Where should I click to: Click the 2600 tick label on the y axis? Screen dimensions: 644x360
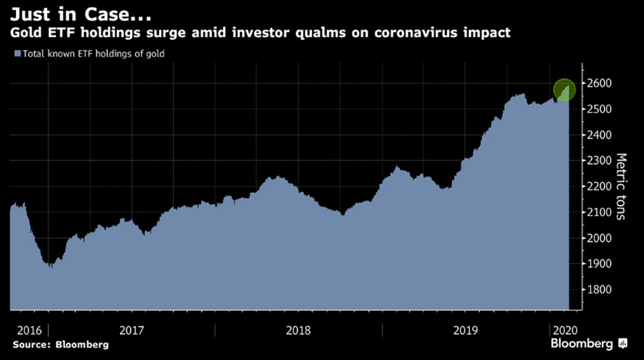point(599,83)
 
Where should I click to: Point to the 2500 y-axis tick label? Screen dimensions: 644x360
point(599,109)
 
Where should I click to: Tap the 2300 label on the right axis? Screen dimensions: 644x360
point(599,160)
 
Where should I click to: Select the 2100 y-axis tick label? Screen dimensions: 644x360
point(599,213)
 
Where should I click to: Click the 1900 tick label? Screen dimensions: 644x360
point(599,264)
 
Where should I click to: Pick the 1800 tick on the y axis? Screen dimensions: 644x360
point(599,290)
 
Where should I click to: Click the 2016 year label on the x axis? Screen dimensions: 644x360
point(29,330)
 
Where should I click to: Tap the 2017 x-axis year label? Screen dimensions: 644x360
point(131,330)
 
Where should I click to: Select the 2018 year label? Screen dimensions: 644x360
point(298,330)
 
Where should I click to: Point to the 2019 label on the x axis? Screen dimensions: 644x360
point(466,330)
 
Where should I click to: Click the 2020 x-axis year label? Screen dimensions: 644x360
point(565,330)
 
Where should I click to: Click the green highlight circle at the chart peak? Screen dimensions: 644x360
point(564,90)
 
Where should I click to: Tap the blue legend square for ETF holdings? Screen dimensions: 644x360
point(17,53)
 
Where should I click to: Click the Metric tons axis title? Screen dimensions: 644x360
point(621,186)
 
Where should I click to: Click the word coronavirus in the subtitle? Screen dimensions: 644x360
point(415,32)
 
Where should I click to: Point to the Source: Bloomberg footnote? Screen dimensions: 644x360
point(61,345)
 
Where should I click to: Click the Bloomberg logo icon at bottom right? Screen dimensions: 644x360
point(623,344)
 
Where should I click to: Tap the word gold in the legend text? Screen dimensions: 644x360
point(155,54)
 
